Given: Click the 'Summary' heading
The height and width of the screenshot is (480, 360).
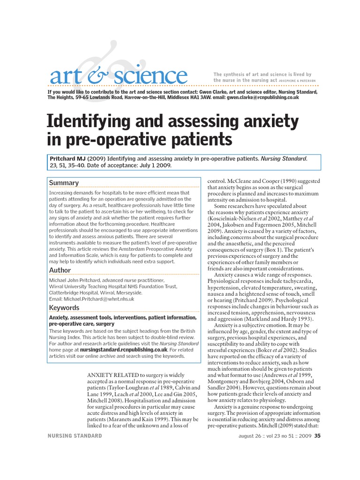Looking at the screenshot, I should [x=64, y=182].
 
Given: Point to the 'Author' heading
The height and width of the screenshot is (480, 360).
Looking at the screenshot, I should [x=60, y=270].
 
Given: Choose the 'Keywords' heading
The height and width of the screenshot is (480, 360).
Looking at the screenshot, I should [x=64, y=307].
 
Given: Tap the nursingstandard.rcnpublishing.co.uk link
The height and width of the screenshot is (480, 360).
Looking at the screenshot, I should [x=117, y=350].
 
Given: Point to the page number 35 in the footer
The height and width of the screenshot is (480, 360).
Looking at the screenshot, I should [x=317, y=436].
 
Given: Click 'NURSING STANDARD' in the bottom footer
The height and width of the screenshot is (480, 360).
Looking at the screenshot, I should [x=75, y=436].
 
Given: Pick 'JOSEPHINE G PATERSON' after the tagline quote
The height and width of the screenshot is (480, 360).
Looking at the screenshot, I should [x=298, y=81].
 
